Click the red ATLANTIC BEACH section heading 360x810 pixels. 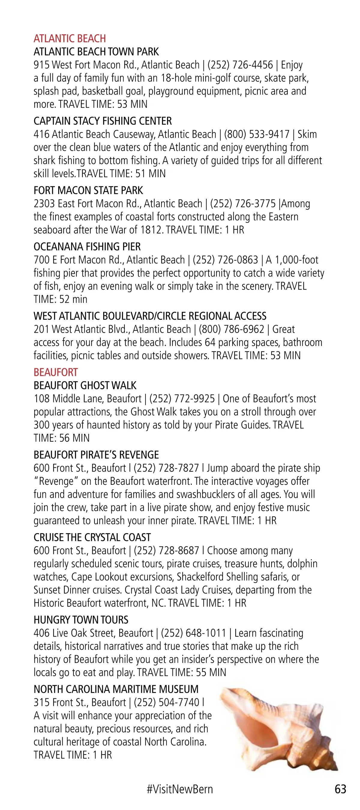(x=70, y=39)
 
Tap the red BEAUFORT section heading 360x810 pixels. (x=56, y=372)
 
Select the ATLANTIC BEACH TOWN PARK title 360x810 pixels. (x=96, y=52)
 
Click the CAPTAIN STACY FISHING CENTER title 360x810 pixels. (x=103, y=121)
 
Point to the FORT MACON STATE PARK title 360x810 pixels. (x=88, y=190)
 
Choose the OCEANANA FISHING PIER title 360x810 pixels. (x=87, y=247)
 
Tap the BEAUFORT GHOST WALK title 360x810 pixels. (x=85, y=385)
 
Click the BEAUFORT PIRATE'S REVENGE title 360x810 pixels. (x=96, y=455)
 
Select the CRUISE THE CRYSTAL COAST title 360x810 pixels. (x=92, y=537)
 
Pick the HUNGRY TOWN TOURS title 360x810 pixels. (x=81, y=620)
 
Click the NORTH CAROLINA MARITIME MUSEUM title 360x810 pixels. (x=116, y=689)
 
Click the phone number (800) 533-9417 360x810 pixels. (x=256, y=135)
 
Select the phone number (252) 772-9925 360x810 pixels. (x=182, y=399)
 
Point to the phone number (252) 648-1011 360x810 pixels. (x=193, y=633)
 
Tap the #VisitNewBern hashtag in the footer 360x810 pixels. (x=179, y=789)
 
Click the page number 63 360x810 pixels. (x=340, y=789)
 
